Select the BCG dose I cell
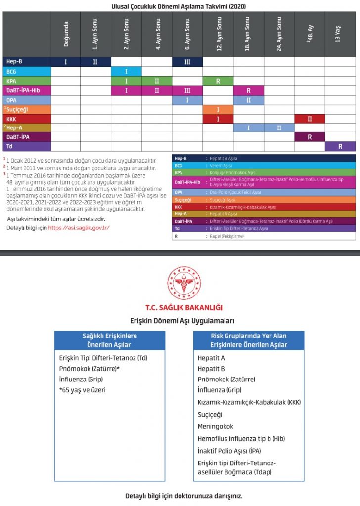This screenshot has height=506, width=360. pos(126,71)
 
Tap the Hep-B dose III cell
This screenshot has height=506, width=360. pos(187,62)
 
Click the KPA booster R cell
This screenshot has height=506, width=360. pos(218,81)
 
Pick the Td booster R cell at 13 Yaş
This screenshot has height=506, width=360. pos(340,147)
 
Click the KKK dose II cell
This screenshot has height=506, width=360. pos(310,119)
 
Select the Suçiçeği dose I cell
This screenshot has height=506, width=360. pos(218,109)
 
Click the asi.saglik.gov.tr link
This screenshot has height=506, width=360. pos(79,228)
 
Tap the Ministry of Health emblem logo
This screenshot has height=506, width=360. pos(184,283)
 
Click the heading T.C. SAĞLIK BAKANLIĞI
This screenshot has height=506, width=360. pos(184,307)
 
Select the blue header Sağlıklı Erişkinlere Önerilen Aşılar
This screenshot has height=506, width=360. pos(109,340)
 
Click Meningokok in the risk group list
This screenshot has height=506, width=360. pos(215,426)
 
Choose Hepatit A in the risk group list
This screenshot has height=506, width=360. pos(211,358)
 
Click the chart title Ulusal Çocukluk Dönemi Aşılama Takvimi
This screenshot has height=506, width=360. pos(179,6)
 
